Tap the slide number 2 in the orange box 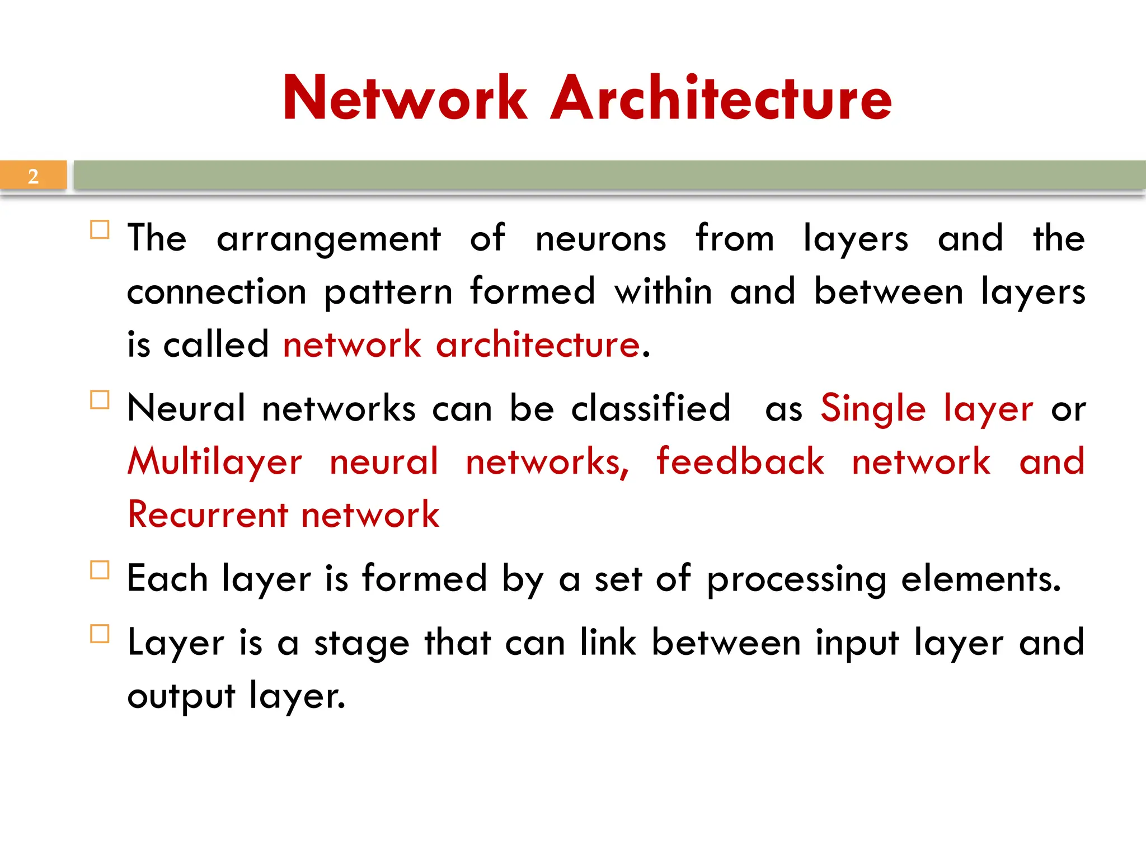(x=33, y=176)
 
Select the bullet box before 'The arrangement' (x=100, y=230)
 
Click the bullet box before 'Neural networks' (x=100, y=400)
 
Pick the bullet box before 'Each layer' (x=100, y=570)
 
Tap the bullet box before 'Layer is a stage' (x=100, y=634)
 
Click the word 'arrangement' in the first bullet (x=328, y=239)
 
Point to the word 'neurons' (x=600, y=238)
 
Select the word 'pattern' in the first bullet (x=388, y=292)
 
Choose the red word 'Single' (x=873, y=408)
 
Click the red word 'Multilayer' (x=215, y=462)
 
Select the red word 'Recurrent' (x=208, y=515)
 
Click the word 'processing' (x=796, y=579)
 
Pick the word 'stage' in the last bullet (x=361, y=643)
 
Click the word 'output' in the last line (x=181, y=696)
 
